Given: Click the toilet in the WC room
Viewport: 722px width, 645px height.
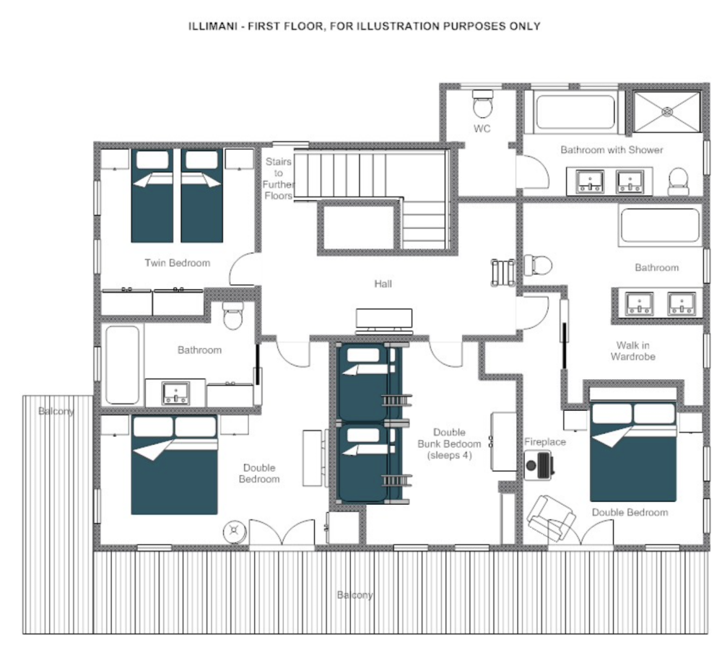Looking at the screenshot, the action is (482, 104).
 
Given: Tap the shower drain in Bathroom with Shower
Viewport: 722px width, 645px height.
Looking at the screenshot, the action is (667, 111).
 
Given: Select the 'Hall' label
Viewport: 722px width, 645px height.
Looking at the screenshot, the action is (383, 284).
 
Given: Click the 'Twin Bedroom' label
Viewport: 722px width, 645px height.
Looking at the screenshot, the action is (178, 263).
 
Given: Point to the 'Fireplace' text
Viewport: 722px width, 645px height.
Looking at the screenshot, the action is (544, 441).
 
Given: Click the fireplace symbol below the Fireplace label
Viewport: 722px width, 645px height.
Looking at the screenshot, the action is (539, 465).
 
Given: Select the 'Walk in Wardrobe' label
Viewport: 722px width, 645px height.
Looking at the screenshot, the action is (633, 350).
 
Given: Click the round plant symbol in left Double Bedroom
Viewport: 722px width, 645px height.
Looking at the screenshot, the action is (235, 531).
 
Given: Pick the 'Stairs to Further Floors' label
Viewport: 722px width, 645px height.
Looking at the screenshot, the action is (278, 178).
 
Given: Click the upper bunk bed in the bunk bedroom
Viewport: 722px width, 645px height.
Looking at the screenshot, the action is (370, 381).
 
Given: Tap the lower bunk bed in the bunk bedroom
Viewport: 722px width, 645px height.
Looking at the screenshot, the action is (370, 462).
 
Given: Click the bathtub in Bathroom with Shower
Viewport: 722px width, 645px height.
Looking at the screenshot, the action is (575, 112).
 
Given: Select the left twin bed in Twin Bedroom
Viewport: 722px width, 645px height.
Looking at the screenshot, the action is (152, 195).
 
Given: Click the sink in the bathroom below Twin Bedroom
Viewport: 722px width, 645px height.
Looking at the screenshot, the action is (175, 394).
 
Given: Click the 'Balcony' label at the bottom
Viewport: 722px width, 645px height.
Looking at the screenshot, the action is (355, 594).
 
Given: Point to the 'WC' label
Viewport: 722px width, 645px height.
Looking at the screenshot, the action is (482, 129).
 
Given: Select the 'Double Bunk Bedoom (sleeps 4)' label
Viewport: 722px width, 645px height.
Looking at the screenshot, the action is (449, 443).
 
